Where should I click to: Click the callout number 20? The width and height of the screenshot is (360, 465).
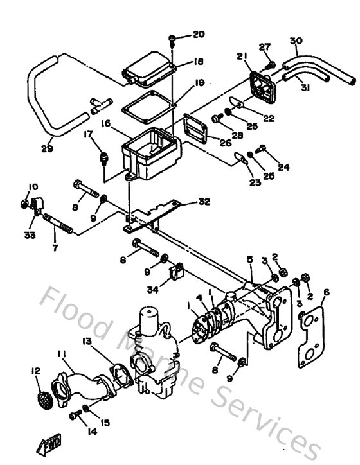(197, 34)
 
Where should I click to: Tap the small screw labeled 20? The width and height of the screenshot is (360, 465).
(172, 40)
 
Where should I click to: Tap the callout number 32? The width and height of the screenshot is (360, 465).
(204, 201)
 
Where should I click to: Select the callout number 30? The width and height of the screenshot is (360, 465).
(295, 42)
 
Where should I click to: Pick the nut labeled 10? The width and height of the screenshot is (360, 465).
(23, 204)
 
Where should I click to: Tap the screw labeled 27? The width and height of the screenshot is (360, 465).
(271, 64)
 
